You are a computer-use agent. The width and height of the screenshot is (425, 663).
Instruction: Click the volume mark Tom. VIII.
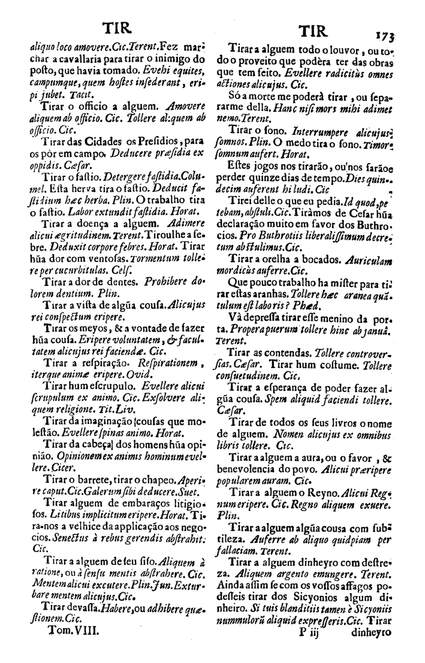click(67, 644)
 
